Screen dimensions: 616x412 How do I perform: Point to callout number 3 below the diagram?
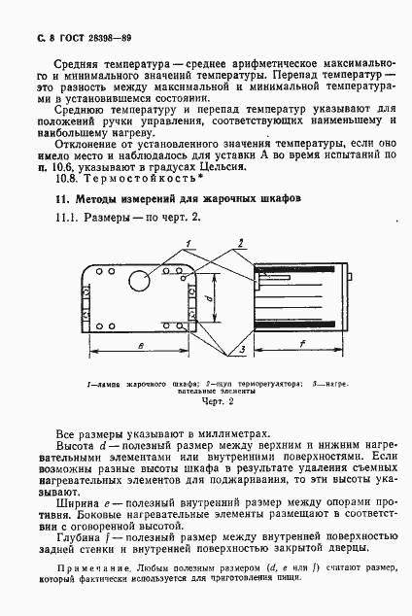pyautogui.click(x=239, y=347)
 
